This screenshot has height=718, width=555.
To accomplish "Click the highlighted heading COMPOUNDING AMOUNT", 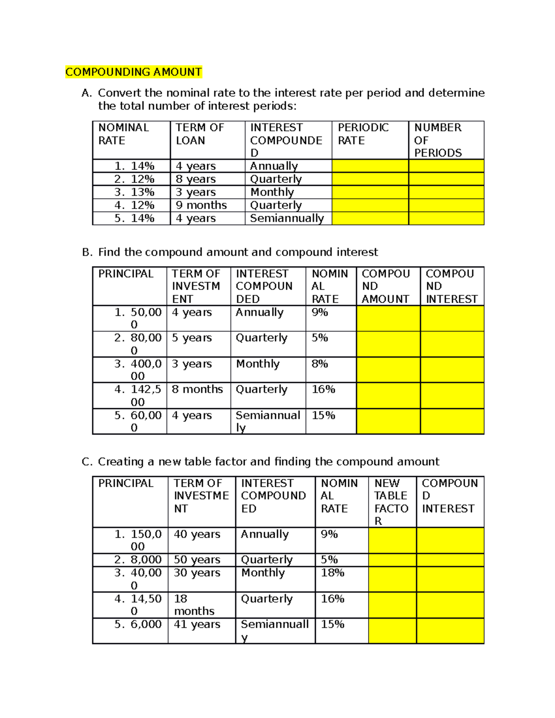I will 133,72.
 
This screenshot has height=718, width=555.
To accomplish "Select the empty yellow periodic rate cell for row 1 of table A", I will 370,166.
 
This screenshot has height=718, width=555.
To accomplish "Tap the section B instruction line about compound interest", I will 230,252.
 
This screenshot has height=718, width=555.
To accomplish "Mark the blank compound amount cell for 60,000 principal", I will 388,421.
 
